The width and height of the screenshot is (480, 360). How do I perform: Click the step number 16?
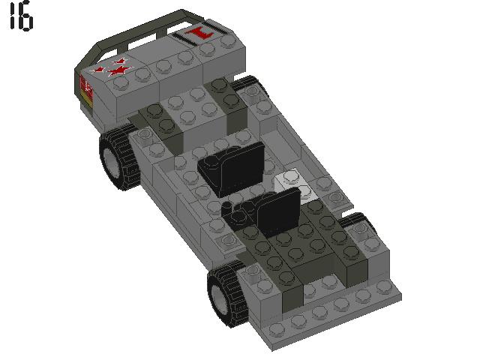(21, 18)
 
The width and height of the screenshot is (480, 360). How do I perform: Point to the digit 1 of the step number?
(13, 18)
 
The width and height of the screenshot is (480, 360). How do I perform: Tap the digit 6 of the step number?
(26, 19)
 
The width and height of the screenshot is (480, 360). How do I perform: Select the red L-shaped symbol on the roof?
(199, 34)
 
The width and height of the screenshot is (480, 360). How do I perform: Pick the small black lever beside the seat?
(238, 212)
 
